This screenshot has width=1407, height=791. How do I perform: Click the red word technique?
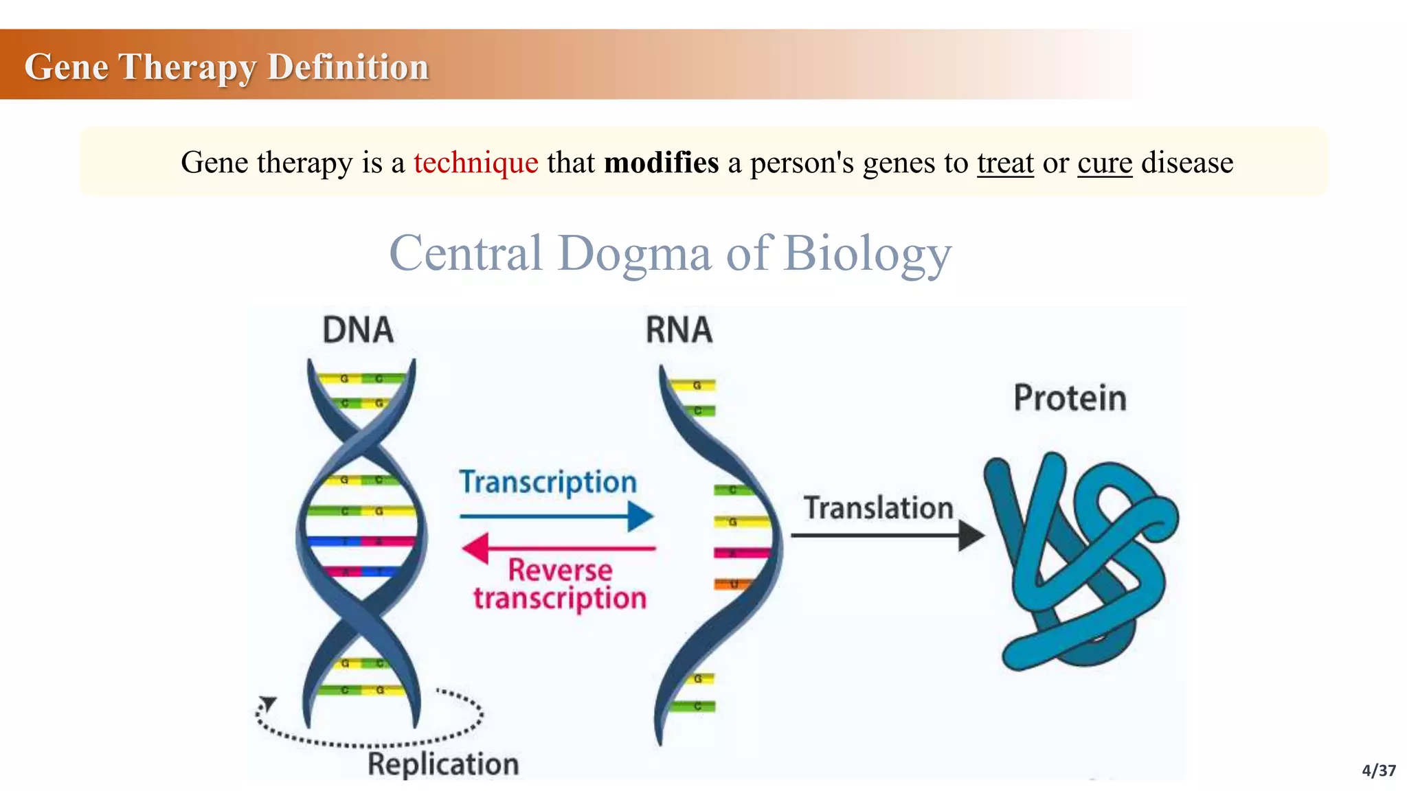(475, 163)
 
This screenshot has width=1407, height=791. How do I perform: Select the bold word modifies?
(661, 163)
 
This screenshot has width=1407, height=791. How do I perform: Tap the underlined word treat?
(1005, 163)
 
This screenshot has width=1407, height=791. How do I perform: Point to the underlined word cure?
(1104, 163)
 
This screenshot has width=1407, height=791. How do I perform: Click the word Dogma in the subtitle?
(633, 253)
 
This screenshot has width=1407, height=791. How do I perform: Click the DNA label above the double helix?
(358, 330)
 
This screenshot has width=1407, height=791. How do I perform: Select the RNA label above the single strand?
(679, 330)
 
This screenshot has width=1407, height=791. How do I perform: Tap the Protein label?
(1070, 398)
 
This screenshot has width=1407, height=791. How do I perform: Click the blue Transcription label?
(548, 482)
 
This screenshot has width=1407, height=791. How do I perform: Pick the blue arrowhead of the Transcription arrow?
(640, 516)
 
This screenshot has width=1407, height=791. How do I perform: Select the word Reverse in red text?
(560, 571)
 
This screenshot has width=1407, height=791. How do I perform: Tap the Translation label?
(879, 509)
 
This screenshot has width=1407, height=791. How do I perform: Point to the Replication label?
(443, 764)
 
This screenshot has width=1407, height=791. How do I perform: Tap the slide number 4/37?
(1378, 770)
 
